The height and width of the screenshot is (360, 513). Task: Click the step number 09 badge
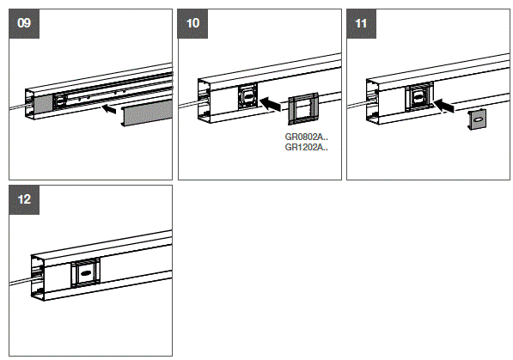24,24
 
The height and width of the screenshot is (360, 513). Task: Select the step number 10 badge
192,24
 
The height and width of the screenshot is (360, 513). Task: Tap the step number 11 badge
361,24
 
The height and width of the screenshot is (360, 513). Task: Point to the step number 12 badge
24,198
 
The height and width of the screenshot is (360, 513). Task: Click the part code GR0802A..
306,136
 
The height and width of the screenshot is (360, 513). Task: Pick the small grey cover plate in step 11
478,121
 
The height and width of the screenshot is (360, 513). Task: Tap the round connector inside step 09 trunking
61,100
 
